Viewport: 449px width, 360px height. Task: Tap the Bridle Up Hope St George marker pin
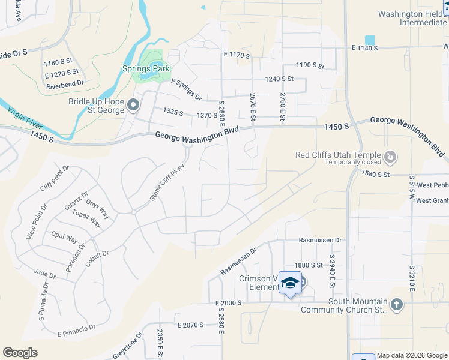pyautogui.click(x=133, y=106)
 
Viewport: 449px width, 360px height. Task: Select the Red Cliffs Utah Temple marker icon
pyautogui.click(x=390, y=157)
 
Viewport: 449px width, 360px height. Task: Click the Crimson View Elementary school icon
pyautogui.click(x=291, y=283)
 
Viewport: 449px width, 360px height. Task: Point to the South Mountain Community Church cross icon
pyautogui.click(x=396, y=305)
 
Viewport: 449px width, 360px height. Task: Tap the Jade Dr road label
pyautogui.click(x=44, y=274)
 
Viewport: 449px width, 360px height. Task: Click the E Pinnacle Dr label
pyautogui.click(x=76, y=330)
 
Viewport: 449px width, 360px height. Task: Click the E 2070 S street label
pyautogui.click(x=190, y=325)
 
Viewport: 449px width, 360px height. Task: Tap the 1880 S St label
pyautogui.click(x=309, y=265)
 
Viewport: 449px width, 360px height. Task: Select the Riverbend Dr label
pyautogui.click(x=65, y=85)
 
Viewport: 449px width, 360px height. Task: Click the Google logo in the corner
pyautogui.click(x=20, y=352)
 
